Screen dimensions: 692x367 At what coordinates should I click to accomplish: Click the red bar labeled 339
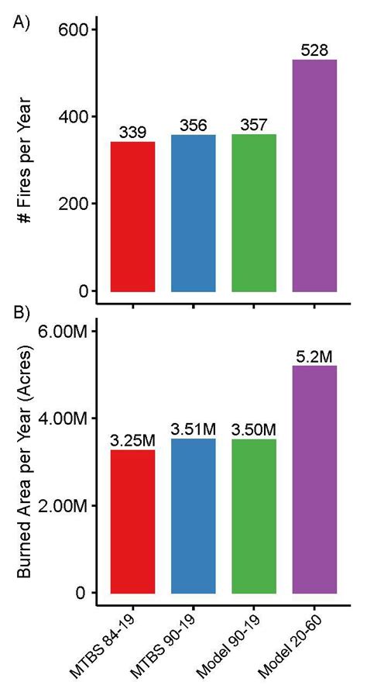[132, 216]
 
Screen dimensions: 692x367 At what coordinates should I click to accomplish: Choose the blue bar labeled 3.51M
[193, 515]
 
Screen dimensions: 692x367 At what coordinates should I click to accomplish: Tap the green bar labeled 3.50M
[254, 515]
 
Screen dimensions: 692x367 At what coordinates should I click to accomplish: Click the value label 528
[315, 50]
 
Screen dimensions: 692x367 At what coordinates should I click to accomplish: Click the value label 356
[193, 125]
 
